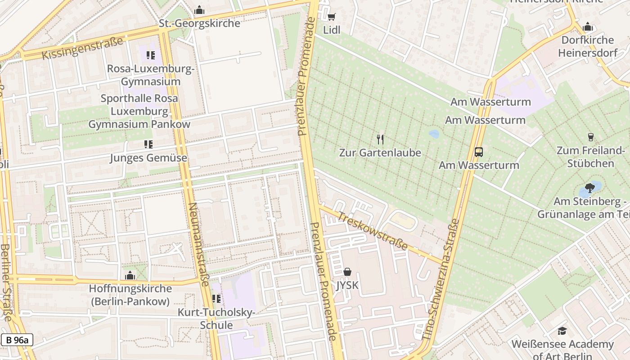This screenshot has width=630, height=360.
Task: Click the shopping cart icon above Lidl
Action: (x=332, y=17)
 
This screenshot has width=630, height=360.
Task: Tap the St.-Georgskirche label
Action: (x=199, y=23)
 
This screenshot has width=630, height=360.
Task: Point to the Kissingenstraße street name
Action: (x=82, y=49)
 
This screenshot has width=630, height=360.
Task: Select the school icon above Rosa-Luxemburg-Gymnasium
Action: (x=150, y=55)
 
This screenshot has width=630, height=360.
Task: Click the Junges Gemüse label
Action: (x=148, y=158)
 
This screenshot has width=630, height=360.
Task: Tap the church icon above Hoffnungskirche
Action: (x=130, y=275)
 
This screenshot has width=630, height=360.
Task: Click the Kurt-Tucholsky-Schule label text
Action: (x=216, y=319)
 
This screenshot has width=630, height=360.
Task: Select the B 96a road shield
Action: (x=17, y=340)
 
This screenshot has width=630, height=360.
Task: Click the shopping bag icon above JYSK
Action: (x=347, y=272)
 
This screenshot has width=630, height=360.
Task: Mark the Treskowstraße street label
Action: (x=373, y=231)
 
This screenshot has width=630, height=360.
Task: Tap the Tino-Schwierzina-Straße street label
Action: (x=441, y=279)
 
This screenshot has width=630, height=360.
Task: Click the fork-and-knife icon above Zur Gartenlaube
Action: (x=380, y=139)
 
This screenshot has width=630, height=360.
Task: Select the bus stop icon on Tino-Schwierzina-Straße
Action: (x=479, y=152)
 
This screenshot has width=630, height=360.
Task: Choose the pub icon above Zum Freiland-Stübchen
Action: (x=590, y=137)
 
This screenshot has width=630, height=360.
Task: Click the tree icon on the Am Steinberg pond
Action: (x=590, y=188)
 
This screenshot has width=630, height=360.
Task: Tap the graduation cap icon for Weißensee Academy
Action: (x=562, y=331)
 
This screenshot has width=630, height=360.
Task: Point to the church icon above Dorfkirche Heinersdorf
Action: (x=587, y=27)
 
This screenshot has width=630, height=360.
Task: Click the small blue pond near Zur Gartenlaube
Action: (x=434, y=134)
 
